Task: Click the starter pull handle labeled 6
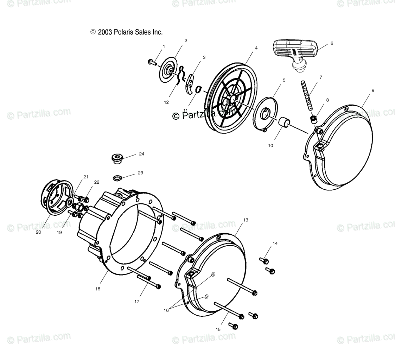295,53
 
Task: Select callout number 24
141,154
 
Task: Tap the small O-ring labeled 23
118,178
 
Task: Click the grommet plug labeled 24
116,159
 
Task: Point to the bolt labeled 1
152,62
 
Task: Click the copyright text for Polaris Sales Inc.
127,32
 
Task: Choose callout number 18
98,289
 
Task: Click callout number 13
246,220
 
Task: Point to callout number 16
166,310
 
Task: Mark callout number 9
372,90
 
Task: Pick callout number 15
218,329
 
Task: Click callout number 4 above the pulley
256,48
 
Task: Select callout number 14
275,243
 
